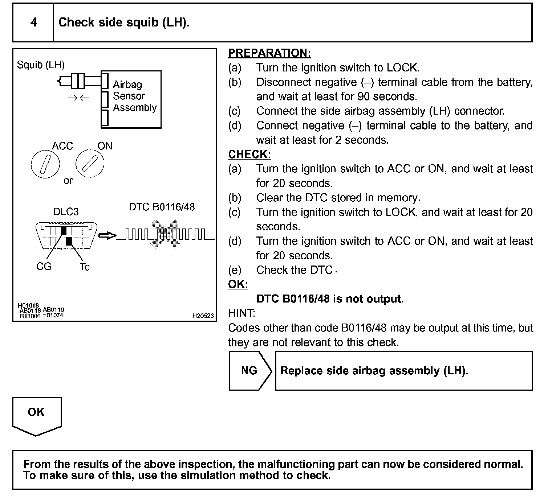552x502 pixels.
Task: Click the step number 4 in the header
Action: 33,22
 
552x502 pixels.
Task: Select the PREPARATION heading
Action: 269,53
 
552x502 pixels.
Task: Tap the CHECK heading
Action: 249,154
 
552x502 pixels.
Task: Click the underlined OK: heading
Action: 238,284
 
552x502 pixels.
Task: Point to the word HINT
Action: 241,313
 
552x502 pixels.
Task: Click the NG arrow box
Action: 249,370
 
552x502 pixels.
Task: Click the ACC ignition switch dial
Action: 45,164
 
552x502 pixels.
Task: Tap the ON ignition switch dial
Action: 90,164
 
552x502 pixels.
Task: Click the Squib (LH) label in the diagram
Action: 41,65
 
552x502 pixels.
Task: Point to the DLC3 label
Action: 66,211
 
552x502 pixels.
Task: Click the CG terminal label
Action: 44,267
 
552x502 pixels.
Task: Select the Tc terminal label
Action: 85,267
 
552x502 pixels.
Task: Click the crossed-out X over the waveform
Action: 166,234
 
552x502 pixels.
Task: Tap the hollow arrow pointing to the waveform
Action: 107,236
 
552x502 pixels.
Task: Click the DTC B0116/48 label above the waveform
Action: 162,207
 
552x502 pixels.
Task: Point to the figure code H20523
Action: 203,316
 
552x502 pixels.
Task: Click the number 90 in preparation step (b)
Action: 363,96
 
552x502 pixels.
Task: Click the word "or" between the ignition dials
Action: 68,181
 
